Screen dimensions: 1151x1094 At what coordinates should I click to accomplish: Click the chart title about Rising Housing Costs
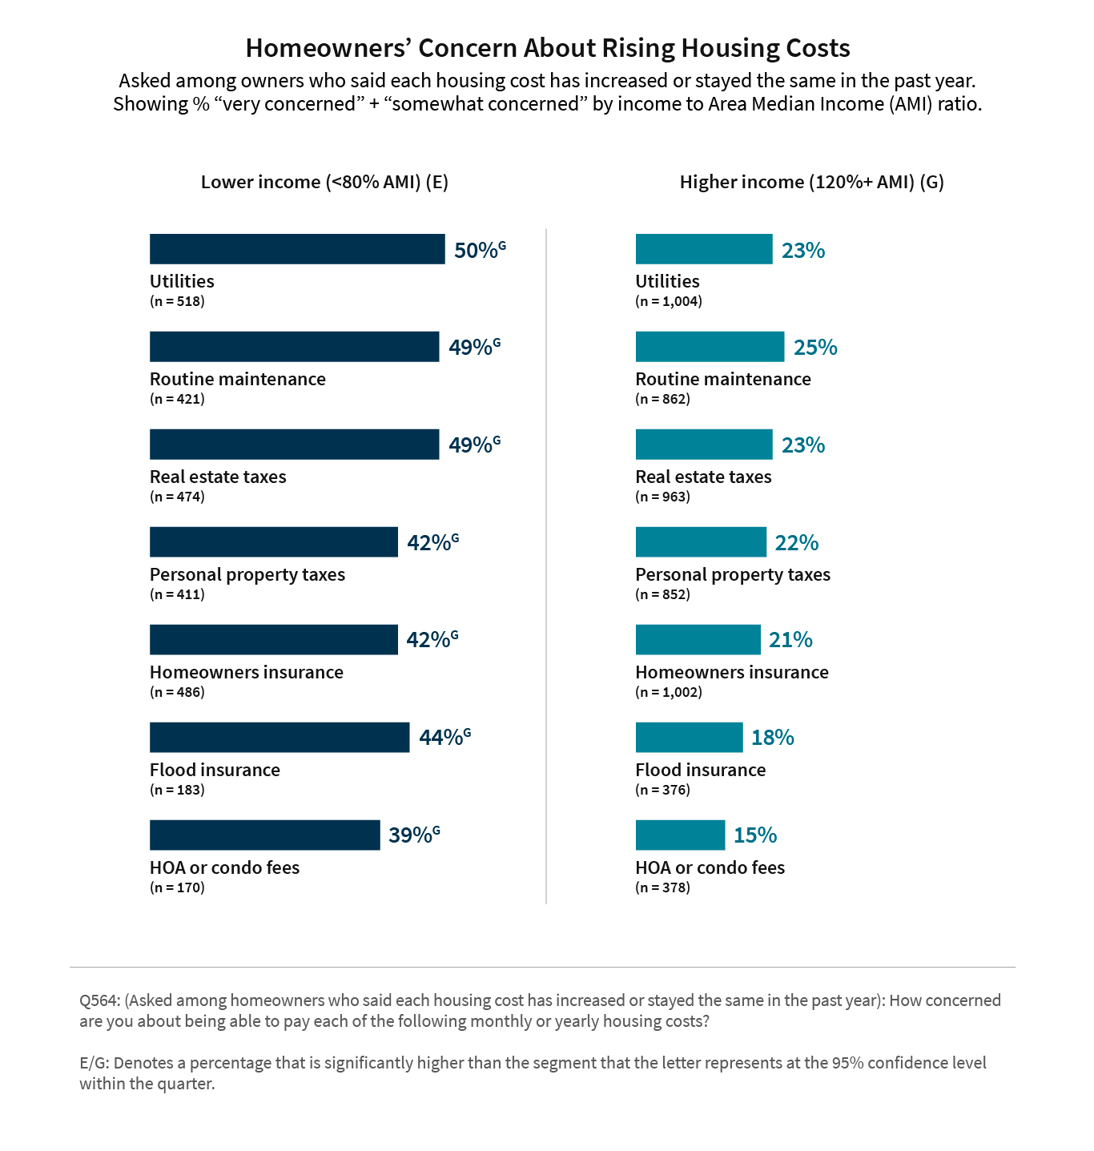(x=547, y=48)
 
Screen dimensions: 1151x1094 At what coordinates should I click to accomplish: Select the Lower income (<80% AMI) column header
(x=324, y=183)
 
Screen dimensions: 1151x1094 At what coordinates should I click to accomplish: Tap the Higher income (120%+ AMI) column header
(x=811, y=183)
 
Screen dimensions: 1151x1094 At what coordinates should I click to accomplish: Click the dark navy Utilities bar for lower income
(x=296, y=249)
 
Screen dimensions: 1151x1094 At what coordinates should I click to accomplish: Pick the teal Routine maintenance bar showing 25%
(x=710, y=347)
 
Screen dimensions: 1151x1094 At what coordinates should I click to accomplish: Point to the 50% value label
(x=477, y=251)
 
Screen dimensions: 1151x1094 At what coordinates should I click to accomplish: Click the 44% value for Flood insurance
(x=441, y=738)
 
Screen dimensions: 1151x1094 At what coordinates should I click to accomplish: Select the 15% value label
(x=755, y=835)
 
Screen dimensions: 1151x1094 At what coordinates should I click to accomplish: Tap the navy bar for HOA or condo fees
(x=264, y=835)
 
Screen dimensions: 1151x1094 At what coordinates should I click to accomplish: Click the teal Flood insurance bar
(x=689, y=738)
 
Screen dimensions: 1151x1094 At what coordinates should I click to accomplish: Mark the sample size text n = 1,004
(x=669, y=302)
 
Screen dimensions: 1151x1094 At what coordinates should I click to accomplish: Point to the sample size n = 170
(x=177, y=887)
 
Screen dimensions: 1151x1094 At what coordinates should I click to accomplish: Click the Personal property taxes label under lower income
(x=247, y=574)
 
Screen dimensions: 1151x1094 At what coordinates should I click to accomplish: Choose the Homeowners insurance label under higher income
(x=732, y=672)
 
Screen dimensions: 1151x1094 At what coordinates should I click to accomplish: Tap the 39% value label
(x=411, y=835)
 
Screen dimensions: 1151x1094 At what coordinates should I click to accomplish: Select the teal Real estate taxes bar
(x=704, y=445)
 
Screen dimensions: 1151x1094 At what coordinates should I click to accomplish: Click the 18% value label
(x=772, y=738)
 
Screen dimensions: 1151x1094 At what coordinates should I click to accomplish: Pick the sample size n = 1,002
(x=669, y=692)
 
